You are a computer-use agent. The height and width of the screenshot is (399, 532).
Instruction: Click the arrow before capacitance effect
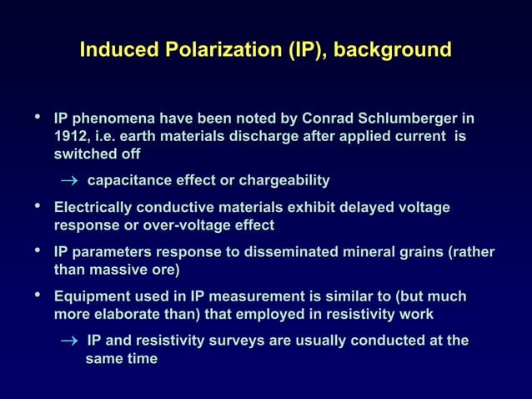(x=67, y=181)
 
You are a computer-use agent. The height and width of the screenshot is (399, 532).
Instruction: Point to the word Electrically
(x=93, y=207)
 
